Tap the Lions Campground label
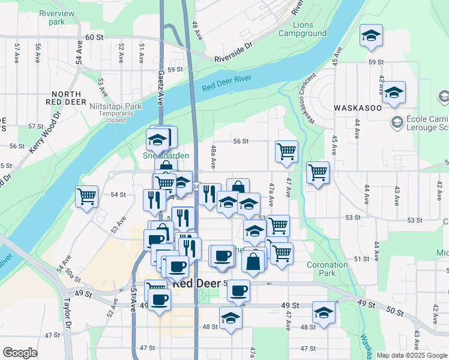[310, 29]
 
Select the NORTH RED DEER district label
[74, 98]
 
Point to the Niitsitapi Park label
[115, 106]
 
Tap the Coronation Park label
[327, 269]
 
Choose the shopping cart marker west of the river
[87, 196]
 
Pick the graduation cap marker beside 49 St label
[324, 312]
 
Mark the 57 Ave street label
[17, 54]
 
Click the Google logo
[20, 353]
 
